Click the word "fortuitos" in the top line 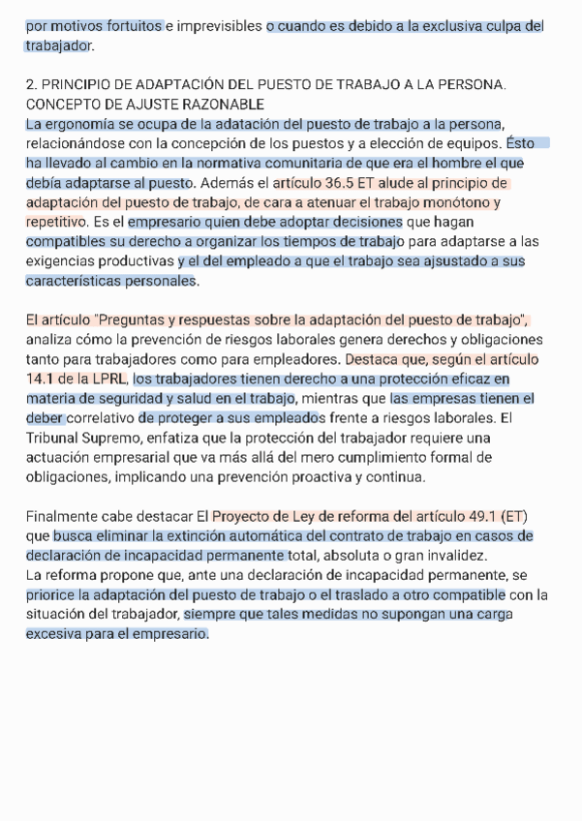134,26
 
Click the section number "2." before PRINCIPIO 32,85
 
